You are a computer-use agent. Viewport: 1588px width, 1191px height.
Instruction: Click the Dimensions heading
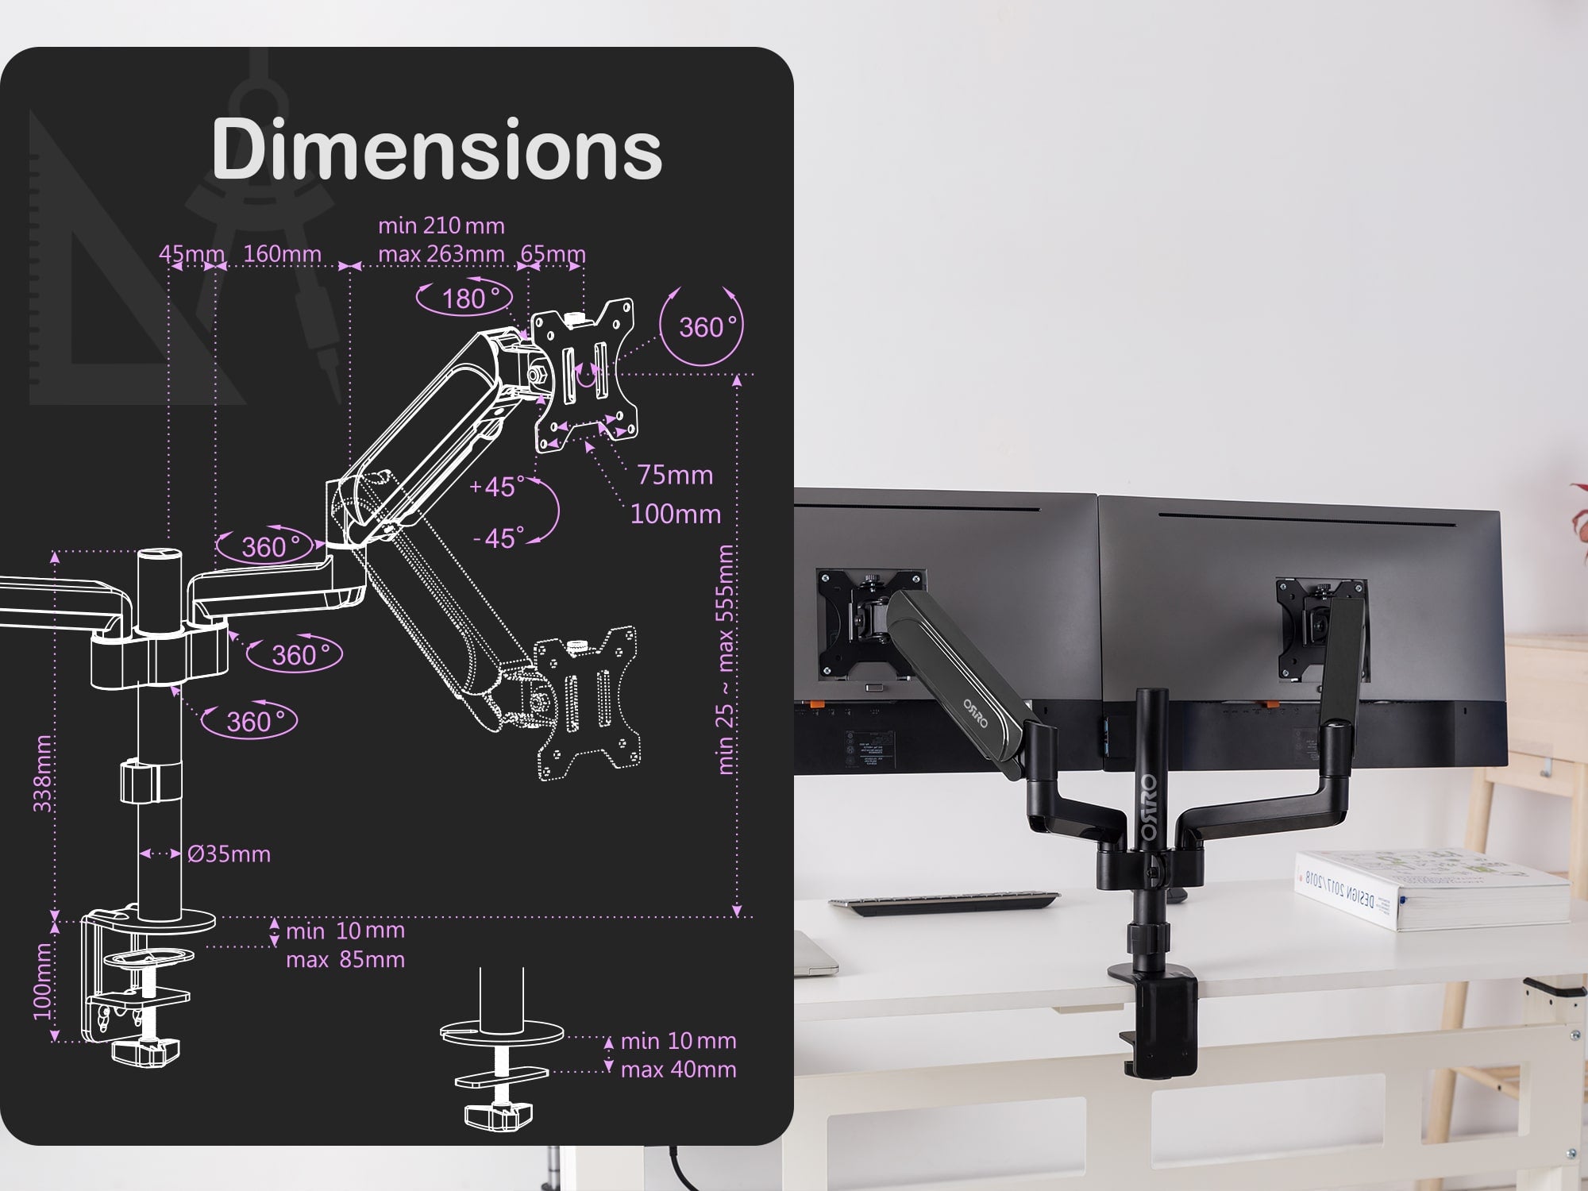436,149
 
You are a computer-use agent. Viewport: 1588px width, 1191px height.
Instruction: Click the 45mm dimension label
191,253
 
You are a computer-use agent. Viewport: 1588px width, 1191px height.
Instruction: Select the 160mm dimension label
282,253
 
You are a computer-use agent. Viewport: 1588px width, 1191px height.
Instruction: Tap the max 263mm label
441,254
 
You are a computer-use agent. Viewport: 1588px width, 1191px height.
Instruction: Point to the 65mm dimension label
553,254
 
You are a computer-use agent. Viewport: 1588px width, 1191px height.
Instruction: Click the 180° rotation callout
464,298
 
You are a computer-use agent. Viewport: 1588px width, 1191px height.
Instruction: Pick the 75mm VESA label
675,475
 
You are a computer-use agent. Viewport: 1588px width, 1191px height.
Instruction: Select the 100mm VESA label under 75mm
675,514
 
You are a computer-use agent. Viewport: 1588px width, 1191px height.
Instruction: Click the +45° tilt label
497,486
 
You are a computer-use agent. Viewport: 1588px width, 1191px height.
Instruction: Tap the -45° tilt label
499,538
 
